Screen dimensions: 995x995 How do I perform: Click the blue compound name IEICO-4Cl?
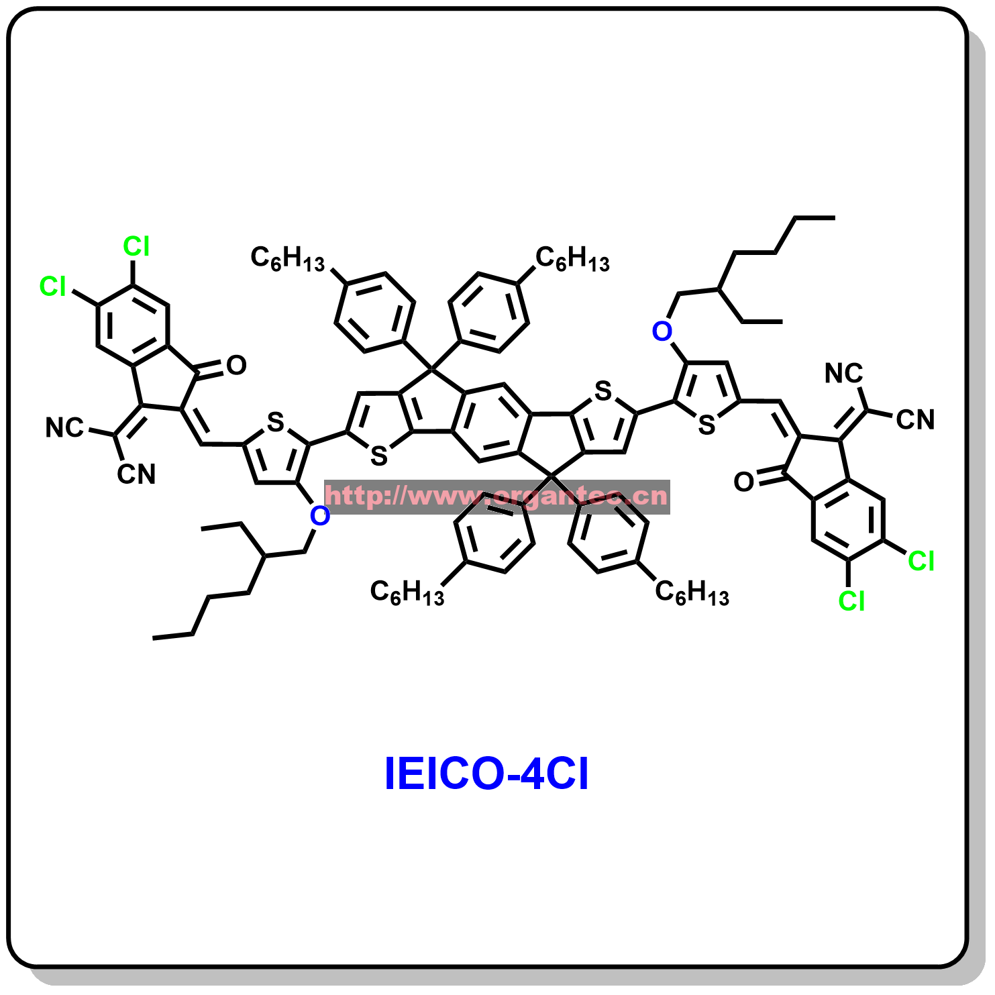coord(486,774)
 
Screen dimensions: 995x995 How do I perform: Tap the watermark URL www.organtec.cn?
coord(496,496)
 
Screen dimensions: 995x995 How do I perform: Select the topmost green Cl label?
coord(136,247)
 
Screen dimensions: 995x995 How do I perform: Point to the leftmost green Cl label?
coord(53,286)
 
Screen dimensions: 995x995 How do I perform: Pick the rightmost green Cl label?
coord(921,561)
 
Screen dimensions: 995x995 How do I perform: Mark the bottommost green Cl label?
coord(851,601)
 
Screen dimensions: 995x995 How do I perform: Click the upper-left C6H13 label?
coord(287,258)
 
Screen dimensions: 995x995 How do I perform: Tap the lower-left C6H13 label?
coord(407,592)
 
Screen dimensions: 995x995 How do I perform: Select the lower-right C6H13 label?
coord(692,592)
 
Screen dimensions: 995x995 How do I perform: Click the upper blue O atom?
coord(662,331)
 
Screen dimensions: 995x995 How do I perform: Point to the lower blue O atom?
coord(320,516)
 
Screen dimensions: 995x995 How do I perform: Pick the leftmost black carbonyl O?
coord(236,365)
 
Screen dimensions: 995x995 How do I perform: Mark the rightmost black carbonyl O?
coord(743,482)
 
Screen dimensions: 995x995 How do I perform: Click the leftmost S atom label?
coord(276,422)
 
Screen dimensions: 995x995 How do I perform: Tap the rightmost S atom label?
coord(706,425)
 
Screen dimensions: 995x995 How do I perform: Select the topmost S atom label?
coord(603,390)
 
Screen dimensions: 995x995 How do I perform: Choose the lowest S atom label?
coord(379,456)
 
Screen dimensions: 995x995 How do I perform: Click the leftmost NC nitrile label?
coord(64,427)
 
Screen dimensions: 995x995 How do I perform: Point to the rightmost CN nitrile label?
coord(915,420)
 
